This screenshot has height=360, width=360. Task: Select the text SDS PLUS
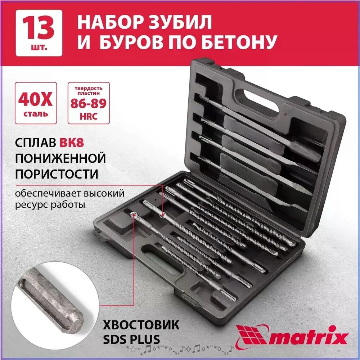[x=132, y=339]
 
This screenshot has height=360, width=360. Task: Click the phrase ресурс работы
[x=50, y=205]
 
